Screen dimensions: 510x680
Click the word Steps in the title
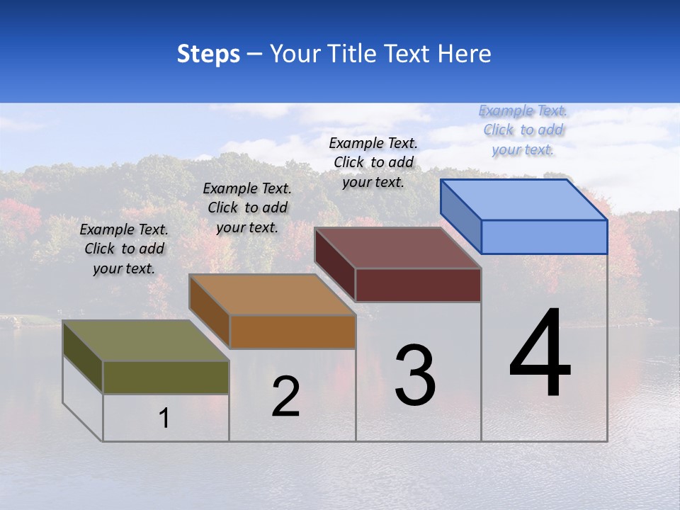pyautogui.click(x=208, y=54)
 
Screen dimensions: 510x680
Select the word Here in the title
pyautogui.click(x=465, y=54)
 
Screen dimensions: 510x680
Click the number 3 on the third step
pyautogui.click(x=415, y=375)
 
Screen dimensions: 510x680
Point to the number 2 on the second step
pyautogui.click(x=286, y=397)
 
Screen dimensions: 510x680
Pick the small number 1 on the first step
pyautogui.click(x=164, y=419)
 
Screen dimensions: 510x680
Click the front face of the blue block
pyautogui.click(x=544, y=237)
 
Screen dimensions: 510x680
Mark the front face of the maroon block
pyautogui.click(x=418, y=285)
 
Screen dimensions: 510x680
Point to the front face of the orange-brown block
pyautogui.click(x=293, y=331)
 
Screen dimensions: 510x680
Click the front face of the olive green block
pyautogui.click(x=166, y=377)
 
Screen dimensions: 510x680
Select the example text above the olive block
pyautogui.click(x=124, y=249)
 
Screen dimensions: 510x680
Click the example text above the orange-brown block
pyautogui.click(x=247, y=208)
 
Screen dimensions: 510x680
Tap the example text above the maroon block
pyautogui.click(x=373, y=162)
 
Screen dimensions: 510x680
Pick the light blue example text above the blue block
pyautogui.click(x=523, y=130)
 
